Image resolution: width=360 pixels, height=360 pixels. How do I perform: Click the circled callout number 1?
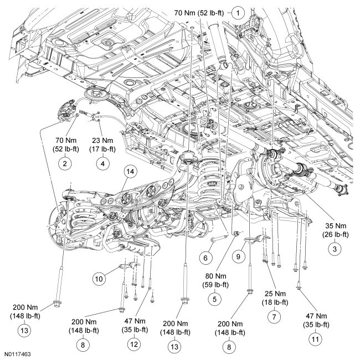pos(238,13)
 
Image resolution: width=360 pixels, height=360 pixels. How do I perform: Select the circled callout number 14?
pos(130,172)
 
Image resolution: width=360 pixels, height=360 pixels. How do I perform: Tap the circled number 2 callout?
pos(65,163)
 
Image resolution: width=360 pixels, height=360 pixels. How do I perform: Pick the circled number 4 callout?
pos(102,163)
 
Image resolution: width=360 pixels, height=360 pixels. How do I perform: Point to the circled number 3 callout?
pos(335,249)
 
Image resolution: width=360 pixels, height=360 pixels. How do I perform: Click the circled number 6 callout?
pos(205,258)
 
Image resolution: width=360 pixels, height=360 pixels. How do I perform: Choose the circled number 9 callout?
pos(238,256)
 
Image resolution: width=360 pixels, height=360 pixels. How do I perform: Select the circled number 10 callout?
pos(99,279)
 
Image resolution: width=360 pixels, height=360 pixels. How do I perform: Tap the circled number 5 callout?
pos(215,300)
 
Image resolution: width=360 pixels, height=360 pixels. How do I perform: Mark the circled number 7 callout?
pos(274,317)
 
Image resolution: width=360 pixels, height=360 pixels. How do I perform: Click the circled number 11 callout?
pos(316,339)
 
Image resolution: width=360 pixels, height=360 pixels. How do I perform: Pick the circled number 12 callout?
pos(134,344)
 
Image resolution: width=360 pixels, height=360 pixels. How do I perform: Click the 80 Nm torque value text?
pos(215,276)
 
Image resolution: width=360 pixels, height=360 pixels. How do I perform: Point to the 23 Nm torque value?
pos(102,140)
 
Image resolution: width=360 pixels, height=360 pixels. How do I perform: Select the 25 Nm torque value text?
pos(275,294)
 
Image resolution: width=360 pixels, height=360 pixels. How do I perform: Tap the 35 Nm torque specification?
pos(336,225)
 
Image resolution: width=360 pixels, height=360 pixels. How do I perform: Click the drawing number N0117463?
pos(18,354)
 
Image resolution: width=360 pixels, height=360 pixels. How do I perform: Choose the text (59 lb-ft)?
pos(215,285)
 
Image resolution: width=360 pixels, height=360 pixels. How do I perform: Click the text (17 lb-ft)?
pos(102,149)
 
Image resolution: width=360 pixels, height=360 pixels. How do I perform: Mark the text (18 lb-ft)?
pos(275,302)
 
